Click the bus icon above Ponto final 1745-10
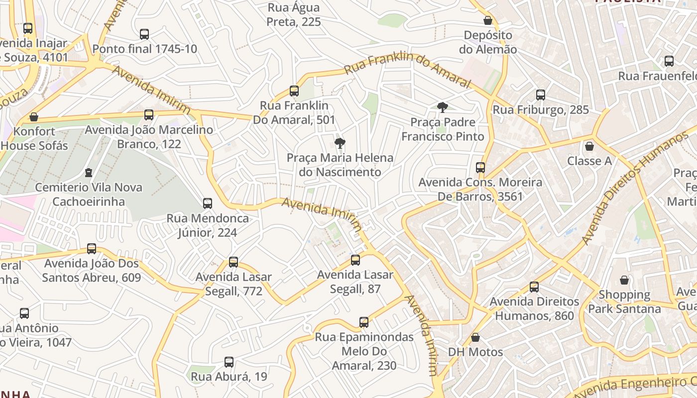point(144,34)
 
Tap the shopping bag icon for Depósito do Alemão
point(488,21)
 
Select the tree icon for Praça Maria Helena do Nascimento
point(340,144)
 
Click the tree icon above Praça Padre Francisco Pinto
point(442,107)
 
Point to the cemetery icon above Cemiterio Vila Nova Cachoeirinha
point(89,173)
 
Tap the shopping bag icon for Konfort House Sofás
point(34,117)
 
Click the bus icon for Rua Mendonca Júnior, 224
point(208,203)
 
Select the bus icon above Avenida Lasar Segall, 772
point(233,262)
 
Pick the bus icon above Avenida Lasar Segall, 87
point(355,260)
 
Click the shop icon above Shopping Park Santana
point(624,280)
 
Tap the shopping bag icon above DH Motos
point(475,337)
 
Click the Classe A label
point(589,161)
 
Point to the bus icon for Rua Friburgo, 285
point(541,95)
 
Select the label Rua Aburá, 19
point(229,377)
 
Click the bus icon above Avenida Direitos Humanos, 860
point(534,287)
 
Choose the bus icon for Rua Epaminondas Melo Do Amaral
point(364,322)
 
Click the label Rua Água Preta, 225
point(294,15)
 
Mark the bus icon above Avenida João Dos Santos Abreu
point(92,249)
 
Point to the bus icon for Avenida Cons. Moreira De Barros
point(480,168)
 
